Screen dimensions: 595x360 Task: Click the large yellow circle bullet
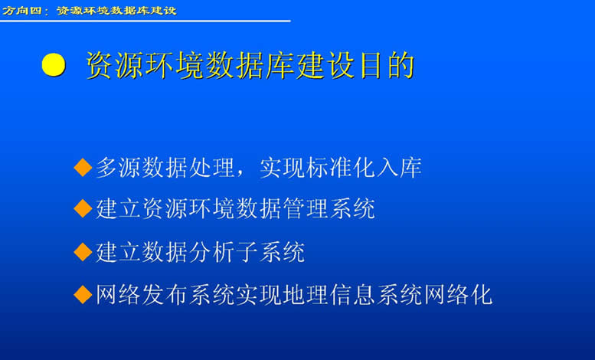[54, 64]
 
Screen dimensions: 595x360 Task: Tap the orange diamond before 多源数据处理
[83, 168]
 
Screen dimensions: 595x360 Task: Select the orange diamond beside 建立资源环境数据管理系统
[83, 208]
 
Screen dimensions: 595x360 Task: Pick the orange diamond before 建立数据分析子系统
[83, 252]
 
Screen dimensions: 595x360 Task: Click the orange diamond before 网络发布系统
[83, 294]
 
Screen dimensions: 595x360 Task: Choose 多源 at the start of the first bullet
[119, 168]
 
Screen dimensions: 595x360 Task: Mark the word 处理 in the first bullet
[212, 168]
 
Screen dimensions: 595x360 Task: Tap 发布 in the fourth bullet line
[165, 294]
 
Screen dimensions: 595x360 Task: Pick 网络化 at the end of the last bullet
[458, 294]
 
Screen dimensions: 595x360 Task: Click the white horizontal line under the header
[145, 21]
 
